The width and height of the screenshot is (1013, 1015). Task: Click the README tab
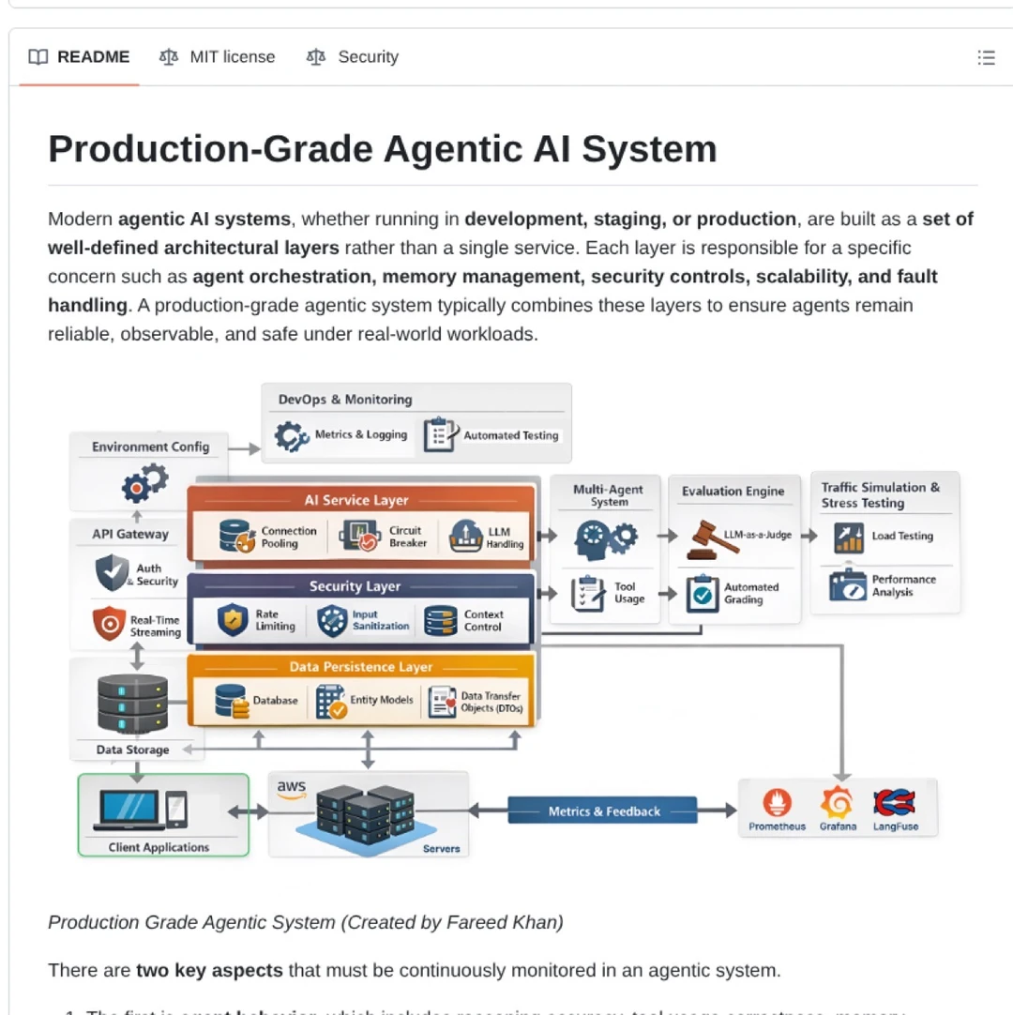tap(80, 57)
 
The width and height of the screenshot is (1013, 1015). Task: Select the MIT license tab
tap(218, 57)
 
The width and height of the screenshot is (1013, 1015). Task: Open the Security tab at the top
tap(353, 57)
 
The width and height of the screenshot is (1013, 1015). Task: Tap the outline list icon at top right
tap(986, 58)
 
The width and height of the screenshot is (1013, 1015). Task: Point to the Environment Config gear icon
tap(144, 483)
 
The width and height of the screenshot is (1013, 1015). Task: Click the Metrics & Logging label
tap(360, 434)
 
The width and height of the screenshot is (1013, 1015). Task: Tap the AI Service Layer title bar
tap(356, 500)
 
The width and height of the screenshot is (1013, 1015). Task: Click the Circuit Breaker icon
tap(359, 536)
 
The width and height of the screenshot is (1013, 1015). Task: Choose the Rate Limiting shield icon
tap(233, 620)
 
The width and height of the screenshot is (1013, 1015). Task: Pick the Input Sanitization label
tap(380, 620)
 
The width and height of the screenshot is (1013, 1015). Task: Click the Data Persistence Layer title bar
tap(361, 667)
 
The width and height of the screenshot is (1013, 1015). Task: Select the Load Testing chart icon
tap(848, 538)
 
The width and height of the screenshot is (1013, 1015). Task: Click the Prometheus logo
tap(777, 803)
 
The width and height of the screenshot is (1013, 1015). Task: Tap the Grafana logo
tap(837, 803)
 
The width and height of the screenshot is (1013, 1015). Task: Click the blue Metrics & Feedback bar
tap(603, 811)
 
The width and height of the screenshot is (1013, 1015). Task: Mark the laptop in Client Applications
tap(129, 810)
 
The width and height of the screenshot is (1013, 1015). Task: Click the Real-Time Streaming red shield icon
tap(110, 623)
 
